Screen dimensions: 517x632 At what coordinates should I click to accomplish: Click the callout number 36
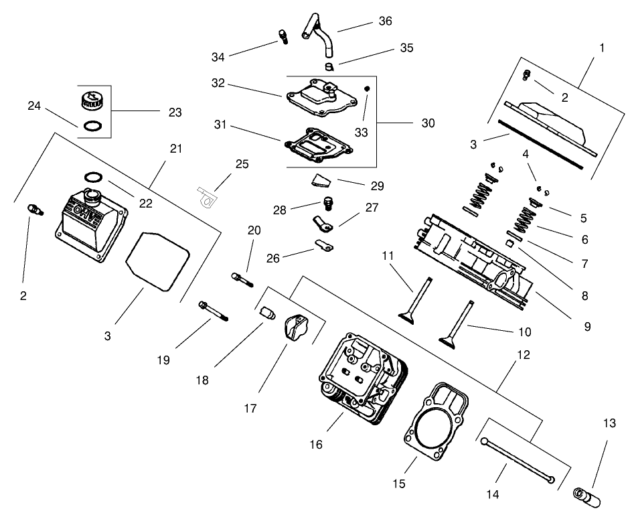point(385,21)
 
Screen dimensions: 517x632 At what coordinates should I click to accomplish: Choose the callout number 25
point(242,164)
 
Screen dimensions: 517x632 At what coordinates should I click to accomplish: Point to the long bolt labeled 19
point(214,312)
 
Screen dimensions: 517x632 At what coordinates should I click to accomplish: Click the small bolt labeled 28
point(328,202)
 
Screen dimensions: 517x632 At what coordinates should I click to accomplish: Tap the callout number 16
point(315,444)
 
